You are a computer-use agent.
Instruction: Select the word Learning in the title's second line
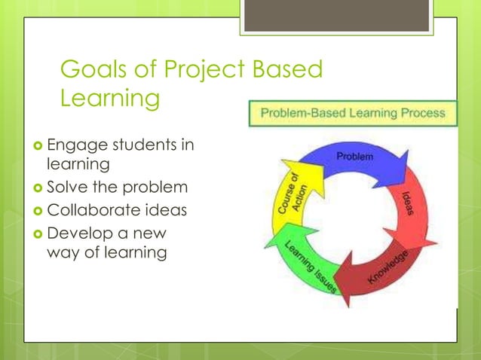[110, 99]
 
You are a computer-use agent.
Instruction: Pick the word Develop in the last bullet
[77, 231]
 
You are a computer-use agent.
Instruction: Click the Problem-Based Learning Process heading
[352, 115]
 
